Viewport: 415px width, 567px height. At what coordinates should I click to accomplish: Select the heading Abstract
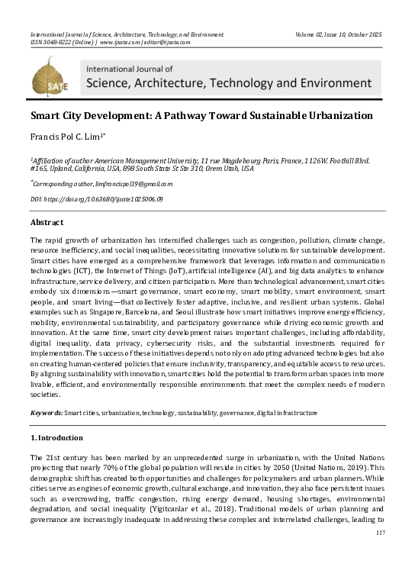47,222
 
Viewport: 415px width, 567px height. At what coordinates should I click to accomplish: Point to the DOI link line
96,198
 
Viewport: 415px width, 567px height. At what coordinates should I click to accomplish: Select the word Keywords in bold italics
45,412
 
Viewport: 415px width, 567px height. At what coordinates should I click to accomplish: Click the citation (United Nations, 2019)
339,466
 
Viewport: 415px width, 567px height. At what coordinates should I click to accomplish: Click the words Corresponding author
58,184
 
